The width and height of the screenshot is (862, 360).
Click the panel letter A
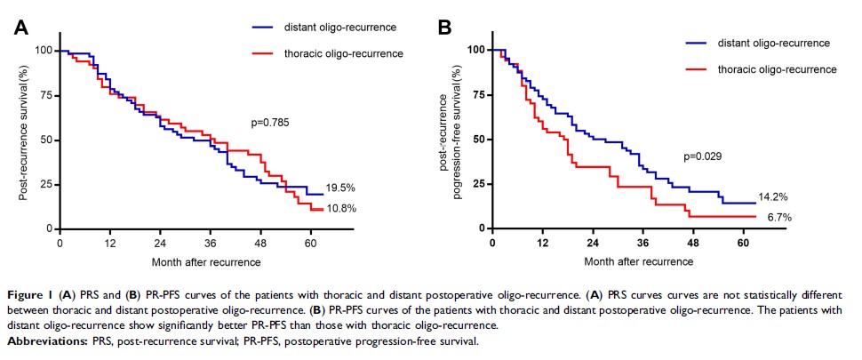pos(24,28)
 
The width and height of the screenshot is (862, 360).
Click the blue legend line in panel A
pos(266,27)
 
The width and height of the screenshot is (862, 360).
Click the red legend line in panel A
pos(266,53)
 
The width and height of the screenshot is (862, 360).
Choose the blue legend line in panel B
pos(698,43)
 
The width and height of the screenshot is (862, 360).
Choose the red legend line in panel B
pos(698,68)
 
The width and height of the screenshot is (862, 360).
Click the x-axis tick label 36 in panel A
pos(211,243)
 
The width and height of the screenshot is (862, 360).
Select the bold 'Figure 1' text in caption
pos(34,292)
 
